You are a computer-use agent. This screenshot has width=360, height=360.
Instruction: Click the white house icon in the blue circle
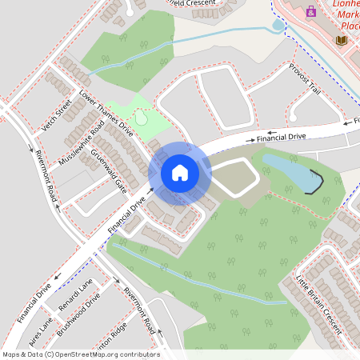coord(180,173)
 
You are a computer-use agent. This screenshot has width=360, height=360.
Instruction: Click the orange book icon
coord(341,40)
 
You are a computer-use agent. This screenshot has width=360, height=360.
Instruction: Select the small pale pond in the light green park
coord(141,118)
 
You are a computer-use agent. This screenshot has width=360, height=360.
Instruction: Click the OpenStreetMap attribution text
coord(80,354)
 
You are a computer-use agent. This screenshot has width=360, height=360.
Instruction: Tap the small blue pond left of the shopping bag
coord(278,26)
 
